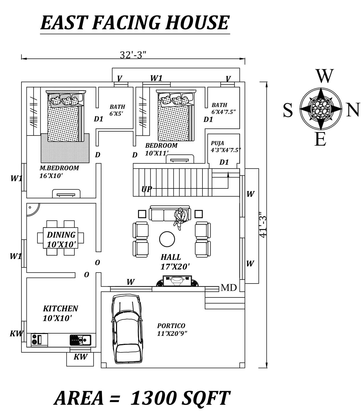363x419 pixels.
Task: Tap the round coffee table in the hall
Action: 167,239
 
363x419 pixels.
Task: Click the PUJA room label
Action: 217,143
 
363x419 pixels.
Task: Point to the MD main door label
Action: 229,288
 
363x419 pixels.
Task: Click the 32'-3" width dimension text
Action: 133,55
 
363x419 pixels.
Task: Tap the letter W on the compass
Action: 324,76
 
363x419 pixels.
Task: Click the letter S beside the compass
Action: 288,110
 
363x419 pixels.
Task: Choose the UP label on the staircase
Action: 147,189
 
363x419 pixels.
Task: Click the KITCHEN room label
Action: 61,308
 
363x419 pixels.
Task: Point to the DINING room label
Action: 61,235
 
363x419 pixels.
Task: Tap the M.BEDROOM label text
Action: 59,168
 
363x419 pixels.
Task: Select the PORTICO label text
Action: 171,326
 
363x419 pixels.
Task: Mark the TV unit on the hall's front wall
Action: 177,281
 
